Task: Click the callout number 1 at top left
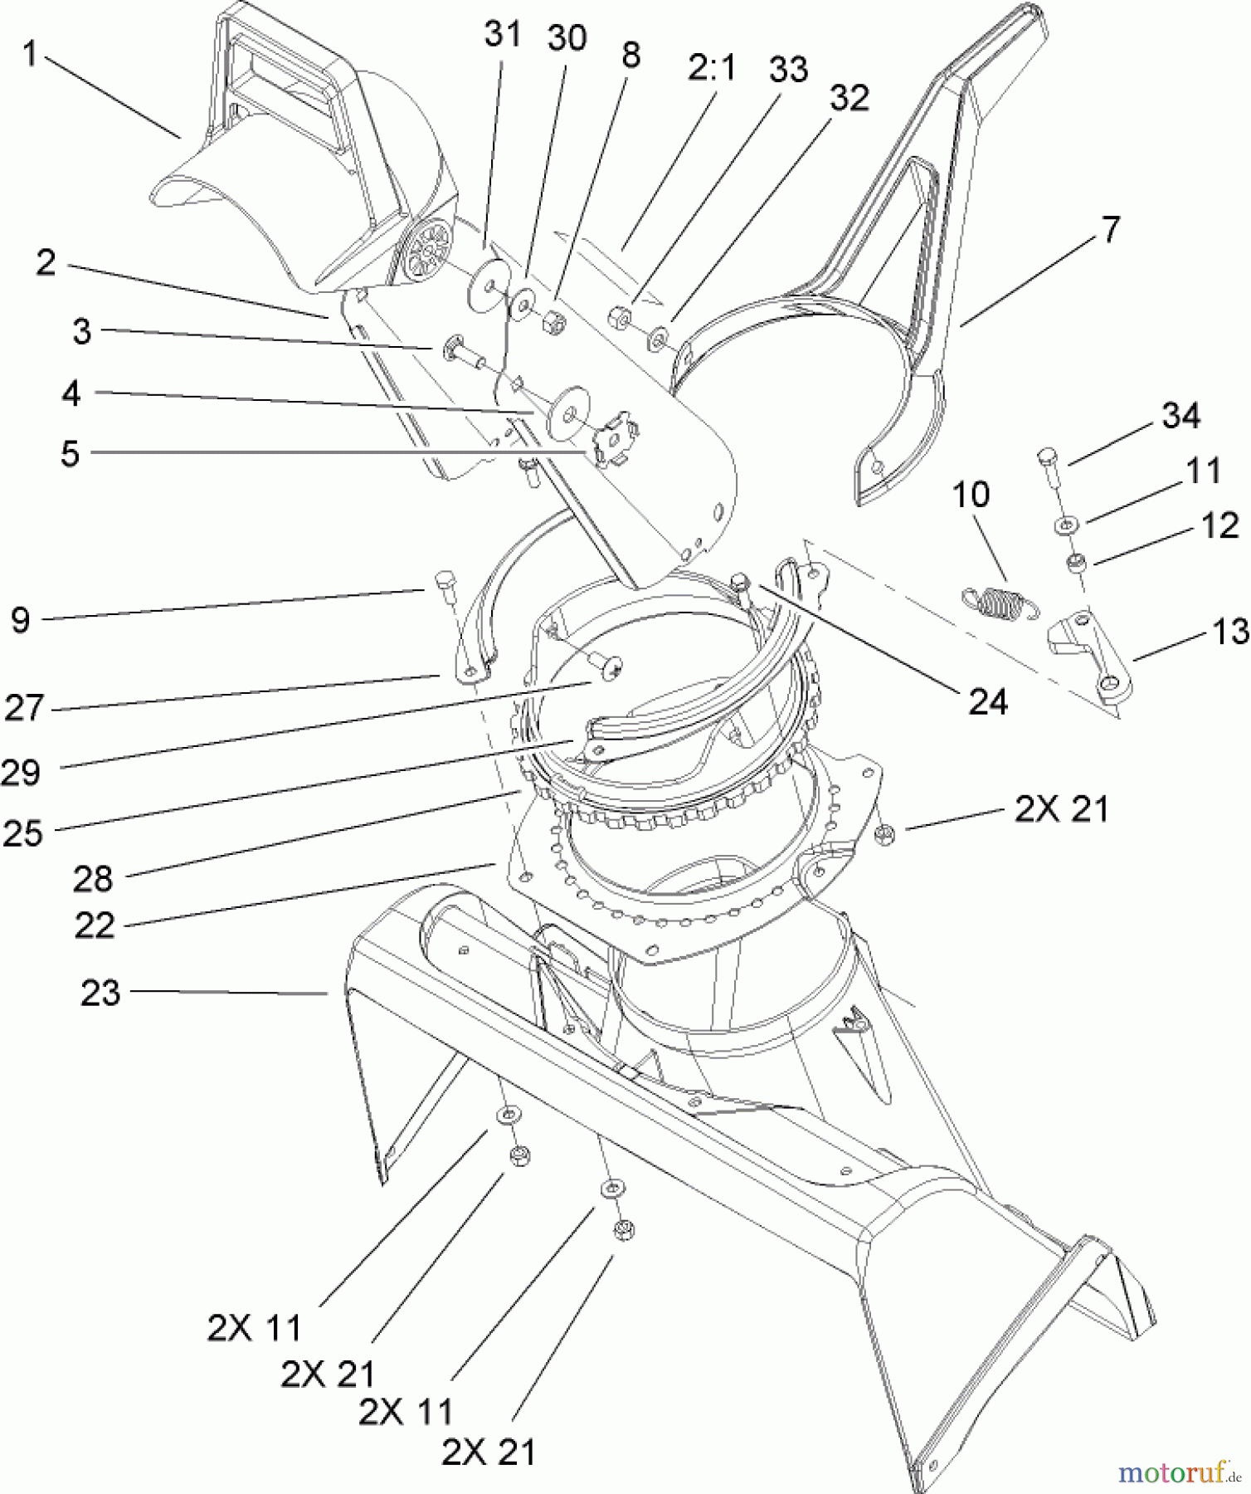(30, 54)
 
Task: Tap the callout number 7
(1111, 229)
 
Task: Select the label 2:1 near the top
(712, 67)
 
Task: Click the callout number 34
(1180, 415)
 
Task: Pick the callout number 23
(100, 992)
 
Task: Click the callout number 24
(988, 702)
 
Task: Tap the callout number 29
(22, 772)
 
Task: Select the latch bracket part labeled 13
(1090, 656)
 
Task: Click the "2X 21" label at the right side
(1061, 808)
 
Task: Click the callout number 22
(94, 925)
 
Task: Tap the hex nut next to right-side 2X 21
(884, 834)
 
